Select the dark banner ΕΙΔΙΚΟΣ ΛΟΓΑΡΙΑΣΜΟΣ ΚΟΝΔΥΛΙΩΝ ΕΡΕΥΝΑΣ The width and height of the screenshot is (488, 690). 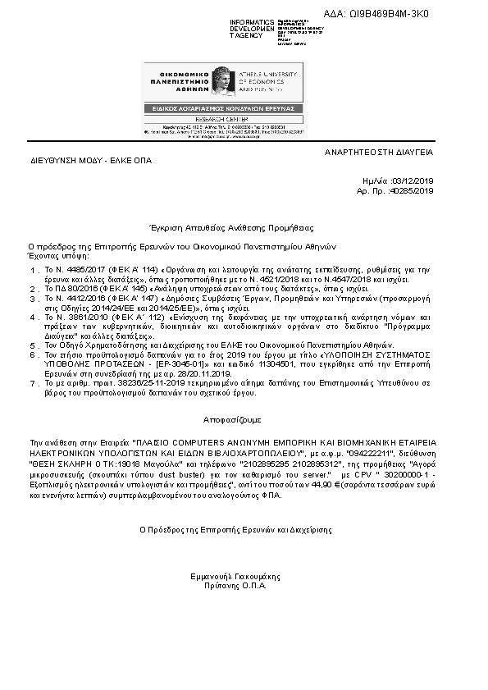point(215,108)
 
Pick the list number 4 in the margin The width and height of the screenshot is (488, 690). point(34,316)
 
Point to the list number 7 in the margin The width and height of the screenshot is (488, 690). point(34,383)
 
